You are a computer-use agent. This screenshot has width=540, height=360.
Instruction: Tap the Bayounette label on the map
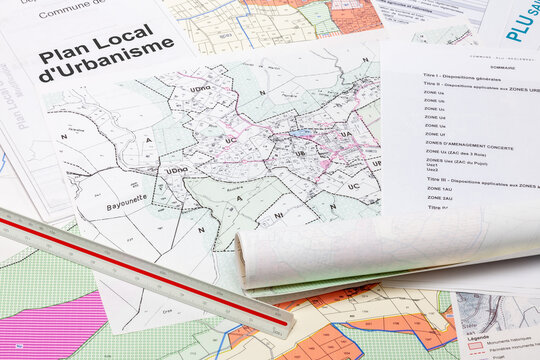[127, 206]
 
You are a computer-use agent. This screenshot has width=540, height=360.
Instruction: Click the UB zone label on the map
[300, 154]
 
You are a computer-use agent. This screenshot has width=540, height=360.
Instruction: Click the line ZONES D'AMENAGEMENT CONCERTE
[469, 147]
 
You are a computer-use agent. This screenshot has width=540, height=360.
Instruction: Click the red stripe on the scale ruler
[140, 271]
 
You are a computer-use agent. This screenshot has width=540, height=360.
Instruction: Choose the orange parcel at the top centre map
[355, 17]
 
